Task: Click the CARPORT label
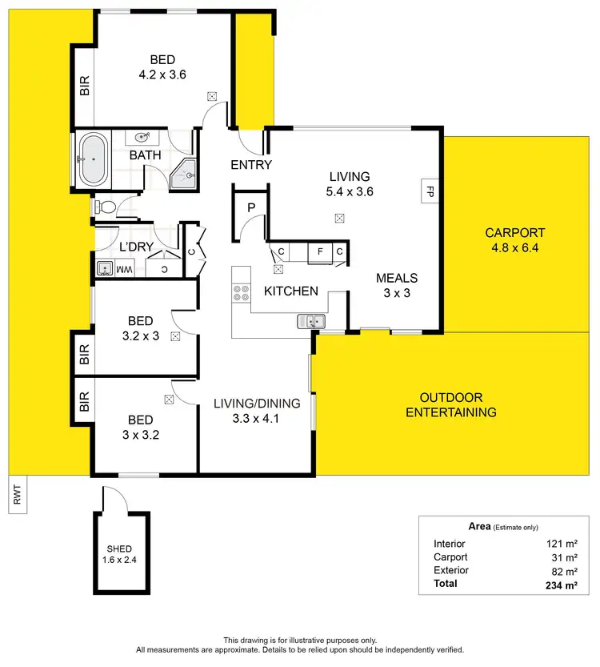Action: pos(515,233)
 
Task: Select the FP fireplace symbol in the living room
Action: pos(429,192)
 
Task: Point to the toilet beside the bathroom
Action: pos(106,207)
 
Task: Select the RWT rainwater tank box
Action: pos(16,493)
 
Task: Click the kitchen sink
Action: pos(310,322)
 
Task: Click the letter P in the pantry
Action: pos(250,207)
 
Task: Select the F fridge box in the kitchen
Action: pos(320,253)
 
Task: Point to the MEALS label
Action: pos(398,278)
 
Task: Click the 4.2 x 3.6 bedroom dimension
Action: pos(162,74)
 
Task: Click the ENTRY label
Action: pos(251,165)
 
